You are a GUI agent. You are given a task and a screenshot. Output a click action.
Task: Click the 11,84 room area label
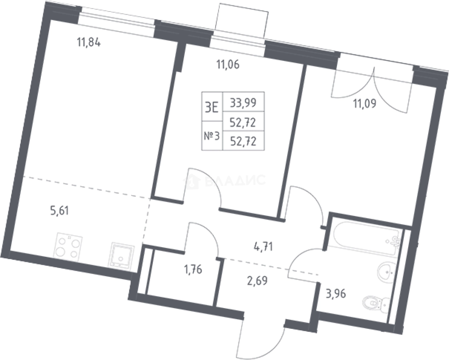pos(89,42)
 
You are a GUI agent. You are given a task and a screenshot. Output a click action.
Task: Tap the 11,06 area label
pos(228,64)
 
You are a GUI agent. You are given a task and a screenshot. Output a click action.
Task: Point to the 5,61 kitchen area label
pos(59,211)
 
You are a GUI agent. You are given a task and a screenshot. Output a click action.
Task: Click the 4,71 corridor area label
pos(263,247)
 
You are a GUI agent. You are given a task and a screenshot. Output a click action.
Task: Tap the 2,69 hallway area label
pos(257,281)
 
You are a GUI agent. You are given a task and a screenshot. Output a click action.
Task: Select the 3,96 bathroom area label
pos(336,294)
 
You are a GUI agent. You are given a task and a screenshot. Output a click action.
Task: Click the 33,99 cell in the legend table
pos(243,103)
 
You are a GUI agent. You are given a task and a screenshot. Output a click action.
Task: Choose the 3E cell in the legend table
pos(212,106)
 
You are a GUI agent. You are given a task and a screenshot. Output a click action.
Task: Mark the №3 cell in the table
pos(212,136)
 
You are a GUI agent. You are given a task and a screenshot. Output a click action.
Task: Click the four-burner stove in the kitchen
pos(68,247)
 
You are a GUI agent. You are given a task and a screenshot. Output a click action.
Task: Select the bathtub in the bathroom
pos(367,238)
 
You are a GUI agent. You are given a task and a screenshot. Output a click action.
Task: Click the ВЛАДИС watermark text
pos(235,181)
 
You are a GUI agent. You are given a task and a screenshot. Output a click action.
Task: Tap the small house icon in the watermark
pos(192,181)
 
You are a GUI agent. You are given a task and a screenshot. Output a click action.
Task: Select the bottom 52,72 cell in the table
pos(243,141)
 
